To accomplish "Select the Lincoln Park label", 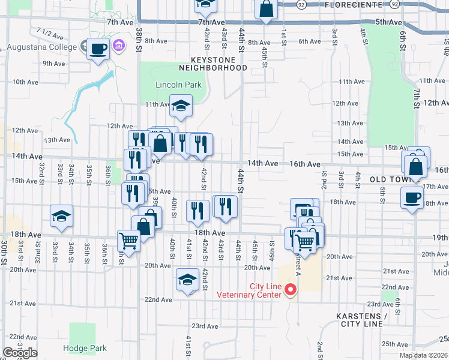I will coord(178,85).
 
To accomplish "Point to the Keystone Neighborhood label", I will coord(219,64).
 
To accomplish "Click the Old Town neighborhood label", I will coord(389,179).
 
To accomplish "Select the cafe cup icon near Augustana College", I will coord(98,49).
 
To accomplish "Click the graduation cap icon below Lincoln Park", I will coord(180,106).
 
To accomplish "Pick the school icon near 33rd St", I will coord(61,217).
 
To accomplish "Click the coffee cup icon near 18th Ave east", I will coord(412,198).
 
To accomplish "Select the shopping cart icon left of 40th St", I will coord(128,241).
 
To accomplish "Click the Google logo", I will coord(20,353).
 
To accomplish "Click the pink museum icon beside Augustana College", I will coord(118,46).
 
